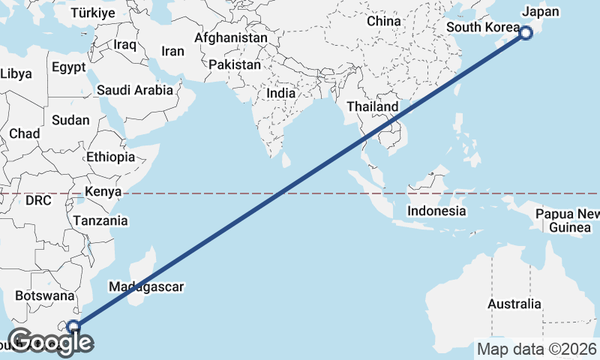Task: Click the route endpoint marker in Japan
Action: pyautogui.click(x=526, y=32)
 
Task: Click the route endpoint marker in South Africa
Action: pyautogui.click(x=73, y=325)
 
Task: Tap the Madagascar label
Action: pyautogui.click(x=145, y=286)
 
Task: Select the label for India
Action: pyautogui.click(x=281, y=94)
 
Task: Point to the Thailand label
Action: pyautogui.click(x=372, y=107)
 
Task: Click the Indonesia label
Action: pyautogui.click(x=436, y=211)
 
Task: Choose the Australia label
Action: pyautogui.click(x=514, y=304)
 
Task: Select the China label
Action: pyautogui.click(x=384, y=22)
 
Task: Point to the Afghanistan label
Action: pyautogui.click(x=230, y=37)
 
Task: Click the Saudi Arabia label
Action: pyautogui.click(x=135, y=90)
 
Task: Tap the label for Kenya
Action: pyautogui.click(x=103, y=192)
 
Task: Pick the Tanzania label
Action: pyautogui.click(x=100, y=221)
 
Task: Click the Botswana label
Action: pyautogui.click(x=41, y=296)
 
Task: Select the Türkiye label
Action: pyautogui.click(x=92, y=13)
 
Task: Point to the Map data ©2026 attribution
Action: pyautogui.click(x=537, y=349)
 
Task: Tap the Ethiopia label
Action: pyautogui.click(x=110, y=157)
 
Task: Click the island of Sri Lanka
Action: pyautogui.click(x=286, y=160)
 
